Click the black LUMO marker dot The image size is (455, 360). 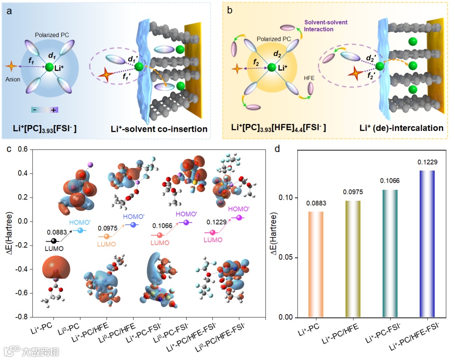(x=54, y=241)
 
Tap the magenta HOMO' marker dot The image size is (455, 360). (x=239, y=218)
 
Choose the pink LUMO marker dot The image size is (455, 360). (x=212, y=232)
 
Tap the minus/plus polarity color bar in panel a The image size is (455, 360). (x=45, y=110)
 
